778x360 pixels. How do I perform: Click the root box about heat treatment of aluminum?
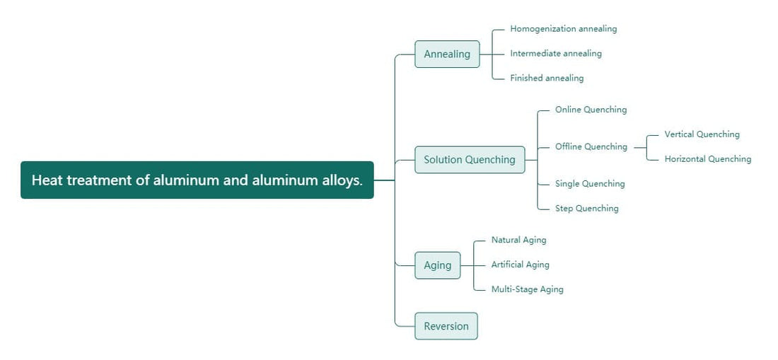197,180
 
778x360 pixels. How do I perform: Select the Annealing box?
447,54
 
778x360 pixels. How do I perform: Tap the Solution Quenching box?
470,160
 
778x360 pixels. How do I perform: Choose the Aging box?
437,265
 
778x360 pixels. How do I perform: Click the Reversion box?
446,326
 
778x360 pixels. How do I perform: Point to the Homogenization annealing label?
564,29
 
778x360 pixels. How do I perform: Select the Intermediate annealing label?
556,53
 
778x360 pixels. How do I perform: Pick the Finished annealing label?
547,78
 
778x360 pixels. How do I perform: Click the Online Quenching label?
591,110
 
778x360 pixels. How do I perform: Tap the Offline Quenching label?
591,146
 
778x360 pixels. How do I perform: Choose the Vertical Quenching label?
702,134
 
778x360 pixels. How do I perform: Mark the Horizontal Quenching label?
707,159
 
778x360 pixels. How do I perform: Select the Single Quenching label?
590,184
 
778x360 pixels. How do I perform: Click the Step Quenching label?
586,209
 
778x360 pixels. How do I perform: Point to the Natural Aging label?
518,240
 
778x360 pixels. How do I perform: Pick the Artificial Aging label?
520,265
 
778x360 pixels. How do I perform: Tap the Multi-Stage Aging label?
527,289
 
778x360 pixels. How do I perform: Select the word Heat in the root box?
47,180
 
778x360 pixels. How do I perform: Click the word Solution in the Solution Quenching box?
443,160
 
